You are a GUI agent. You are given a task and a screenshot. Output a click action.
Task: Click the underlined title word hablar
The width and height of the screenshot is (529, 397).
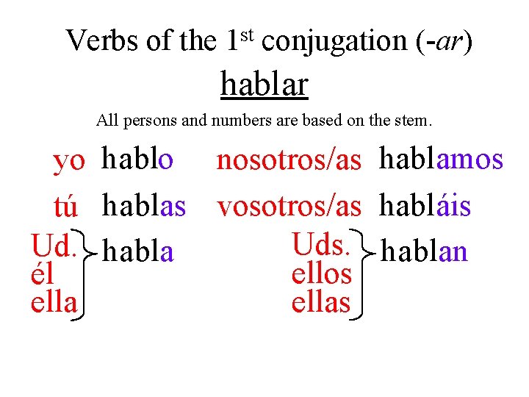click(x=264, y=85)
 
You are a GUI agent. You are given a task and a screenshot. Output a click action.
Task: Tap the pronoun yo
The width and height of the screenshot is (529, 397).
click(x=69, y=162)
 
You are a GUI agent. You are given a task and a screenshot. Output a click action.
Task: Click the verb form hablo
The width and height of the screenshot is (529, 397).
click(x=138, y=159)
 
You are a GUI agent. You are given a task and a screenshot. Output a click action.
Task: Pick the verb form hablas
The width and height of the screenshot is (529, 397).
click(x=144, y=207)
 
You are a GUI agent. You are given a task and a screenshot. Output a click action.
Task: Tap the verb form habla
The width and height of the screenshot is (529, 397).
click(x=139, y=252)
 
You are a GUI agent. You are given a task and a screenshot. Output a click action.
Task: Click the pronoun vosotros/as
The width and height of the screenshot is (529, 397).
click(x=289, y=207)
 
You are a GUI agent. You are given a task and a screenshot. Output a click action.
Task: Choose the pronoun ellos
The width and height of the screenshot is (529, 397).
click(x=321, y=274)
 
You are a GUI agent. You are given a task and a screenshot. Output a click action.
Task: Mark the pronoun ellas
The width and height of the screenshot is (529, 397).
click(x=321, y=302)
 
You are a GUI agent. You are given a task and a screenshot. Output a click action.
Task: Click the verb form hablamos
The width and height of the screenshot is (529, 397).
click(x=441, y=159)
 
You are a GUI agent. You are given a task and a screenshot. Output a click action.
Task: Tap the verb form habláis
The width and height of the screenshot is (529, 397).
click(x=425, y=207)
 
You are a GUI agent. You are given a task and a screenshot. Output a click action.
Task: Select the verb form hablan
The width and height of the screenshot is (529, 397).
click(x=425, y=252)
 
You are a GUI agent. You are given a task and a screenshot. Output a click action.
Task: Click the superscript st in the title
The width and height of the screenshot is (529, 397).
click(x=248, y=32)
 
